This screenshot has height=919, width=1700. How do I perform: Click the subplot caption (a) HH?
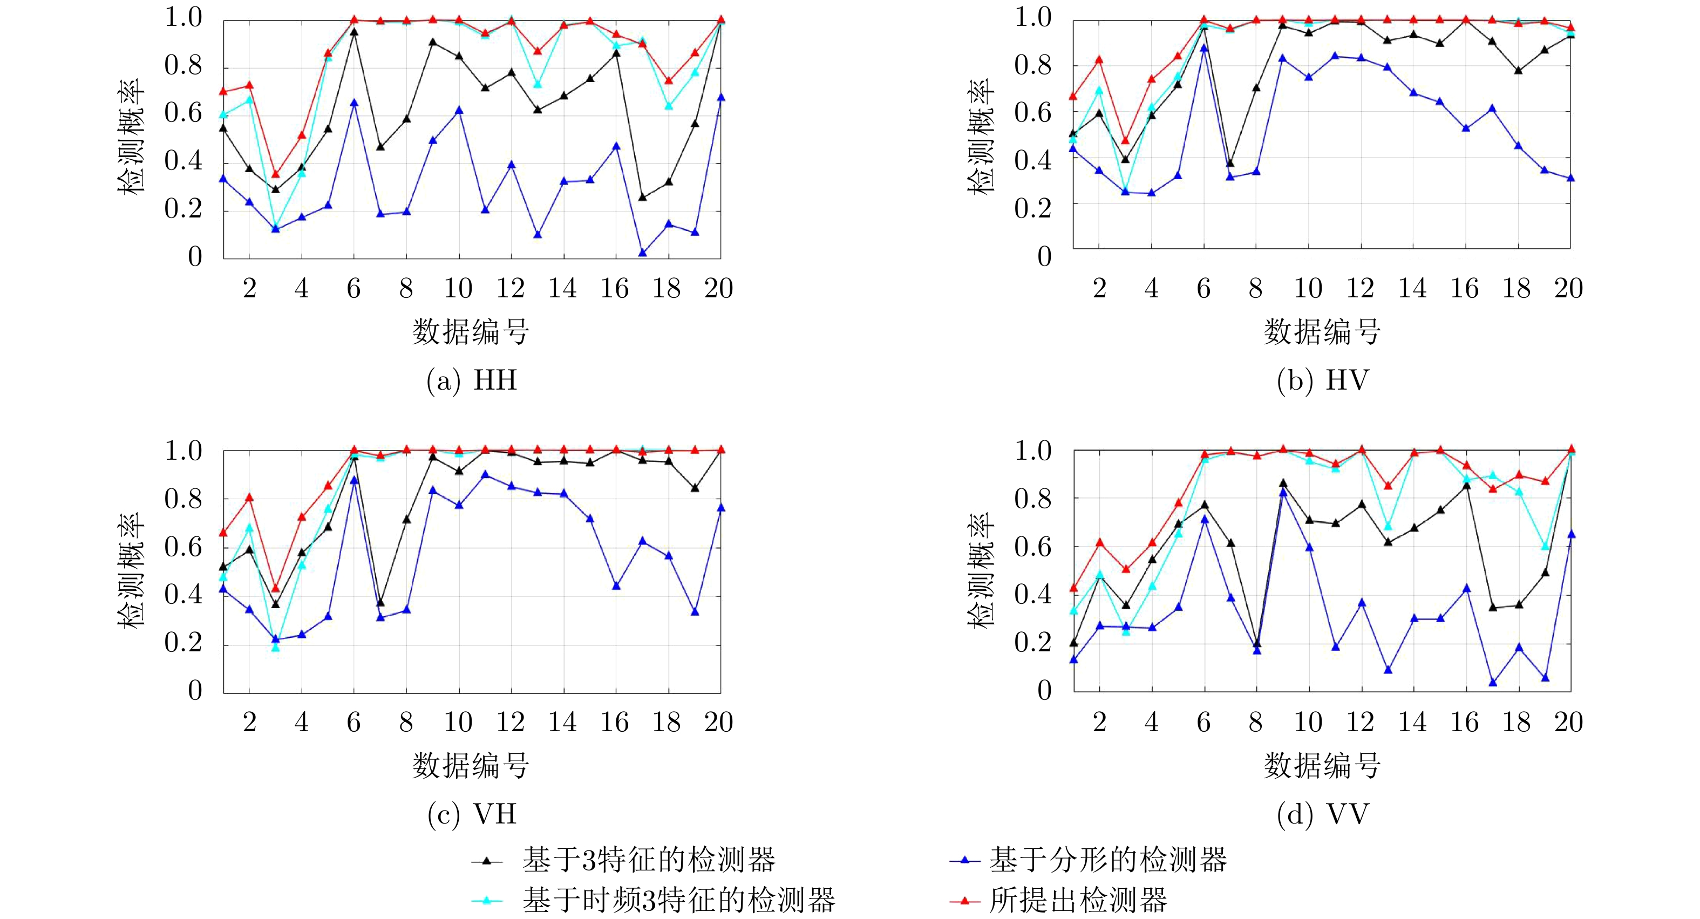point(472,380)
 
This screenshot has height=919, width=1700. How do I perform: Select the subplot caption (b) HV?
point(1323,380)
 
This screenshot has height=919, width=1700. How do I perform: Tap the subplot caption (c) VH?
point(472,814)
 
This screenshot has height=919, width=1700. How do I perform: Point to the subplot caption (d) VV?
point(1323,814)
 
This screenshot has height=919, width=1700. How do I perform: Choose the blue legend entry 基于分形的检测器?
point(1107,860)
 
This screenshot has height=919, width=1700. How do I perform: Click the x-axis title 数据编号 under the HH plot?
point(471,332)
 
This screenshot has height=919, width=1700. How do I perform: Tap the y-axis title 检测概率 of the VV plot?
point(981,570)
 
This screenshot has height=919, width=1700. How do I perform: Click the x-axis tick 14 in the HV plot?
point(1412,288)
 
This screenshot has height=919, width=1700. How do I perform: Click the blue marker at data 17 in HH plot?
point(643,253)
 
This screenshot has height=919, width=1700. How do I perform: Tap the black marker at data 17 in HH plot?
point(643,198)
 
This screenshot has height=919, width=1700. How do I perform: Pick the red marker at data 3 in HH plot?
point(276,174)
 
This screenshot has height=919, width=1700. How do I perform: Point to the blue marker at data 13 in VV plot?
point(1388,670)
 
